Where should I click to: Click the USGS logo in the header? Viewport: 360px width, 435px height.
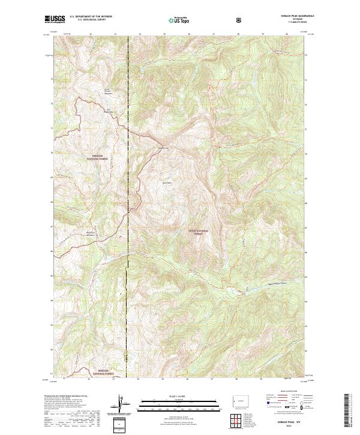pyautogui.click(x=55, y=19)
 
